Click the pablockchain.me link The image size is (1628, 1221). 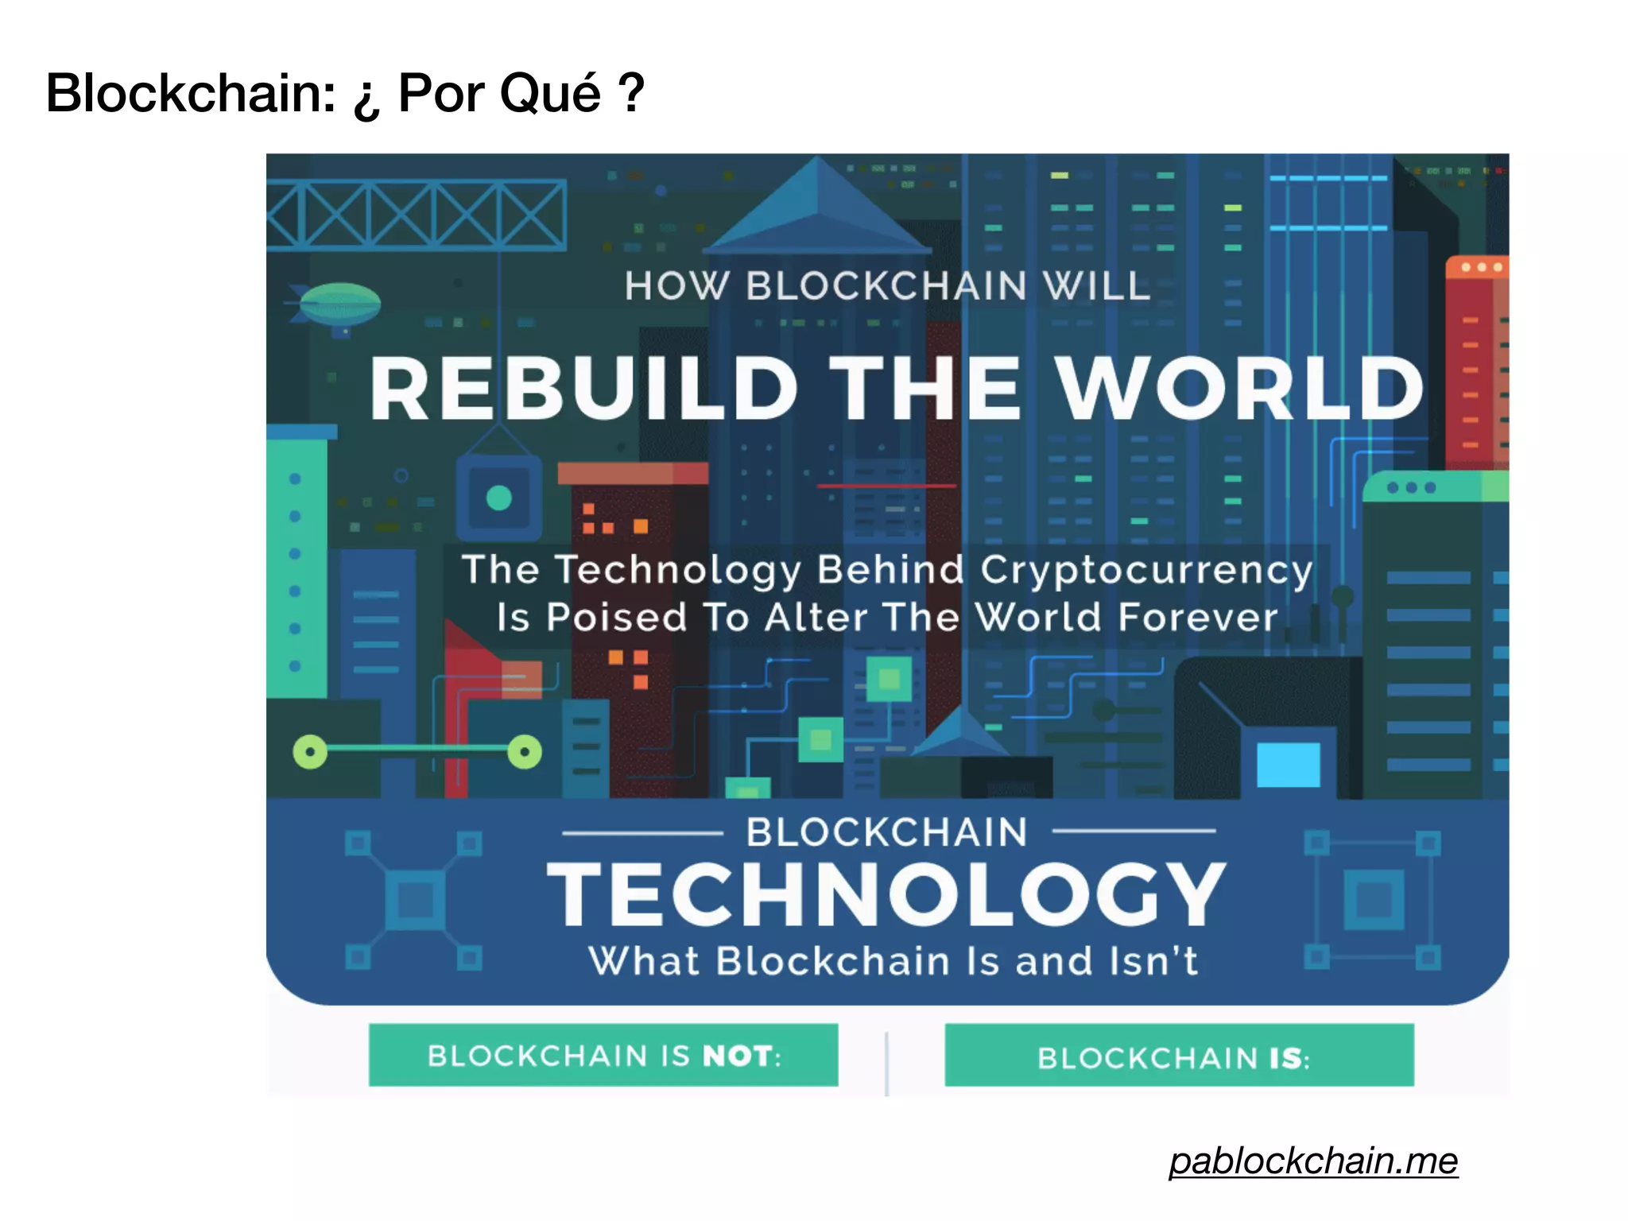coord(1313,1161)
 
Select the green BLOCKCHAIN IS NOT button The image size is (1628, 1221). coord(603,1055)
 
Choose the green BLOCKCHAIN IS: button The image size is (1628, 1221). coord(1179,1056)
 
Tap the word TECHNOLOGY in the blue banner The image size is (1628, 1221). coord(886,895)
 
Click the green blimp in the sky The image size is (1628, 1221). coord(340,303)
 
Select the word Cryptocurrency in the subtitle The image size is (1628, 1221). coord(1145,570)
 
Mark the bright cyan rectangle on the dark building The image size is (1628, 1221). coord(1288,764)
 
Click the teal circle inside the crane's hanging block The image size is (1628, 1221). coord(498,498)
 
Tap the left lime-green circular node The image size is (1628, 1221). coord(310,751)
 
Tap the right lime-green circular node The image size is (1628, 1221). coord(525,751)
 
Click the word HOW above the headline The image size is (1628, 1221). coord(676,285)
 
